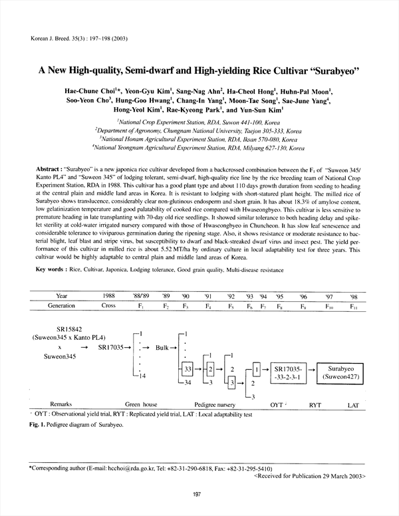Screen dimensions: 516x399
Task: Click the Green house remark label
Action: (142, 404)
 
